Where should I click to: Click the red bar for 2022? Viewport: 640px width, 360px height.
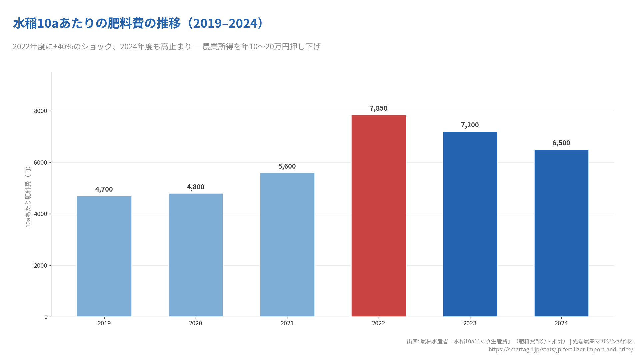[378, 216]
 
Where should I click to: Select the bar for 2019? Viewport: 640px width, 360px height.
[104, 256]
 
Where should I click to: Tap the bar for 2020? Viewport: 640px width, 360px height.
[196, 255]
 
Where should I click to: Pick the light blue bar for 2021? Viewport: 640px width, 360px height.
[287, 245]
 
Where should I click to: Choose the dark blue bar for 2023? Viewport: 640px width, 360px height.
[470, 224]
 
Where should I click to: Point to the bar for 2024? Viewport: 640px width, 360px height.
[561, 233]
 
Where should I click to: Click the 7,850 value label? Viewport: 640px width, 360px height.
[378, 108]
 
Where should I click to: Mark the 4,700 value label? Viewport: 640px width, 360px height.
[104, 189]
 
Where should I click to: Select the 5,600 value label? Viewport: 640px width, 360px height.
[287, 166]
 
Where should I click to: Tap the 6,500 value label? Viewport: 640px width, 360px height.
[561, 143]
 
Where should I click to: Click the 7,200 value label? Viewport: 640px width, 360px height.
[470, 125]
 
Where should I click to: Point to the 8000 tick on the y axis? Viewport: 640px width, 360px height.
[41, 111]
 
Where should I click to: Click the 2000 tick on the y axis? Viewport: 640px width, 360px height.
[41, 266]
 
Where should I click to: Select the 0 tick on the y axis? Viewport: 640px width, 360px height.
[46, 317]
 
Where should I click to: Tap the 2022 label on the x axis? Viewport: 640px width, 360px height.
[378, 323]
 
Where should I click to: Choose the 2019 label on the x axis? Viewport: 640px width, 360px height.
[104, 323]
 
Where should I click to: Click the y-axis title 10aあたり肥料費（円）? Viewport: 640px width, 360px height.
[28, 197]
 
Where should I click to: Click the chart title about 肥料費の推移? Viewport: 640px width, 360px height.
[138, 24]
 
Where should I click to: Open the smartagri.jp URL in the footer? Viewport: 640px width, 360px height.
[561, 349]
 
